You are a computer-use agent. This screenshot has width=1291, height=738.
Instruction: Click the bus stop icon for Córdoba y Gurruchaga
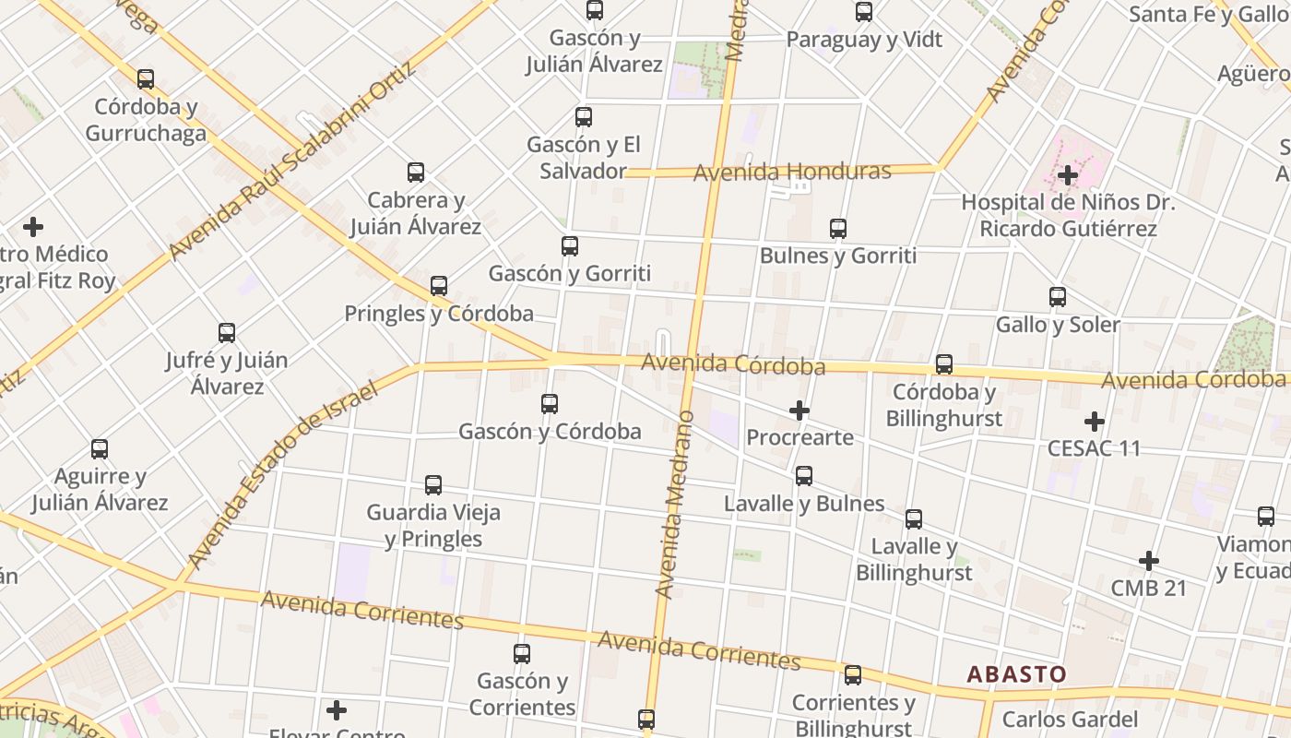[146, 79]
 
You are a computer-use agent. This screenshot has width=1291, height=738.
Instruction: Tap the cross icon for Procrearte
[799, 411]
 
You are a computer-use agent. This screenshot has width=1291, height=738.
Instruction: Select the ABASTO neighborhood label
[1016, 674]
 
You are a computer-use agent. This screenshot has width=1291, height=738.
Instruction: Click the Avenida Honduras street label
[792, 172]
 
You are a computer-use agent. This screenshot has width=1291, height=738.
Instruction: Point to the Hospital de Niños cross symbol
[1068, 174]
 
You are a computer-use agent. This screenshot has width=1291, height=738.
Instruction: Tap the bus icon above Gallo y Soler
[1058, 297]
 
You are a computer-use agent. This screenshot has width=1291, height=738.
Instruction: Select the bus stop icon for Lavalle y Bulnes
[804, 476]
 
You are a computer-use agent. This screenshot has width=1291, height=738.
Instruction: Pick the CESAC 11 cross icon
[1095, 422]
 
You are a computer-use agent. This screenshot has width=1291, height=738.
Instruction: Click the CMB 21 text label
[1148, 588]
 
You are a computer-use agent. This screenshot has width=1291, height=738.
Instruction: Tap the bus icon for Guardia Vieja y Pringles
[433, 485]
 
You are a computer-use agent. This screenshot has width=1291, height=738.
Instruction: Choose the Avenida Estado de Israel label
[282, 476]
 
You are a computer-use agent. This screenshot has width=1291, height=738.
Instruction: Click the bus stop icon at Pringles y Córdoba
[439, 286]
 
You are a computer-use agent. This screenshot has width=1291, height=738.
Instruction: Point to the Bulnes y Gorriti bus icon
[838, 229]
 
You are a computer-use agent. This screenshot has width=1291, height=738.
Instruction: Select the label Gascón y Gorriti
[569, 273]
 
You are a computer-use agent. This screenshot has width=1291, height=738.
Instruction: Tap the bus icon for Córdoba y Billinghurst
[944, 364]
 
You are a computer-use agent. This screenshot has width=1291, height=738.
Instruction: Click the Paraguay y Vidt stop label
[864, 40]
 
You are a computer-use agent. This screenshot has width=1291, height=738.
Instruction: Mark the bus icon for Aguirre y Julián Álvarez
[100, 449]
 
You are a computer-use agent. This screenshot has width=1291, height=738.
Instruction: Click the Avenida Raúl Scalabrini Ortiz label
[293, 161]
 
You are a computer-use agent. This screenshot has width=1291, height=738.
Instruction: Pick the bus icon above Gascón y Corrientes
[522, 654]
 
